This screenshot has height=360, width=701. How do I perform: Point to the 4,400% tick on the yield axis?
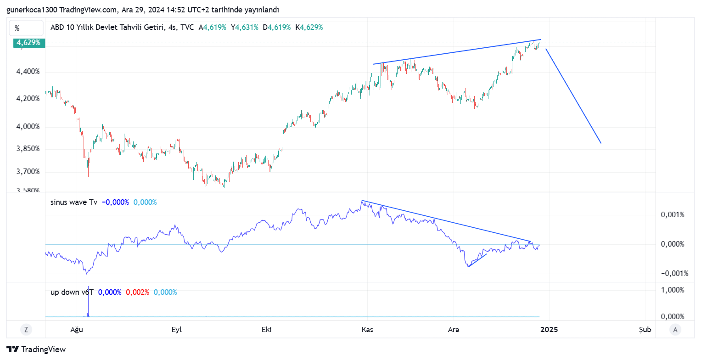(28, 72)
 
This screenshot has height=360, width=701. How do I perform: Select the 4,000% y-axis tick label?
(28, 127)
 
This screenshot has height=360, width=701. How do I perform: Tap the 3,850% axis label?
(28, 149)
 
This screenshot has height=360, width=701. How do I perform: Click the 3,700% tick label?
(28, 172)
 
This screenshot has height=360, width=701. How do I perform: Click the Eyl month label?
(177, 329)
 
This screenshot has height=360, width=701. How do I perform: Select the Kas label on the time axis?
(367, 329)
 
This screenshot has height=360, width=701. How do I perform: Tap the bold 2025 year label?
(549, 329)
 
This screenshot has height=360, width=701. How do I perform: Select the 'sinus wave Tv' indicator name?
(74, 202)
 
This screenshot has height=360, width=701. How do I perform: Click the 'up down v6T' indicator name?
(72, 292)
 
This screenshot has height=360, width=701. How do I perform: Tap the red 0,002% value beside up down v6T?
(137, 292)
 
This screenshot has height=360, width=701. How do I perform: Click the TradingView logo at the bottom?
(36, 349)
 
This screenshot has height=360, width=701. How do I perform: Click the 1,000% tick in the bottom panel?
(673, 290)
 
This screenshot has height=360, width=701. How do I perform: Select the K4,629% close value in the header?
(309, 27)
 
